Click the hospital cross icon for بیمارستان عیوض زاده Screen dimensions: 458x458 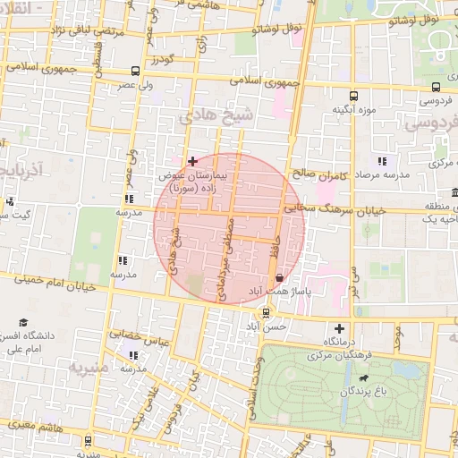coord(192,161)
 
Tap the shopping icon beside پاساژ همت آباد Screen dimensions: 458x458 coord(280,278)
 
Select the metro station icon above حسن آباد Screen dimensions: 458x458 coord(266,312)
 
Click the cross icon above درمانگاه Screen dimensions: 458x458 coord(338,328)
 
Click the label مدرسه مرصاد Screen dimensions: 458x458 coord(383,175)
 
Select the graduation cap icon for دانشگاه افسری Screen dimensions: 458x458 coord(23,322)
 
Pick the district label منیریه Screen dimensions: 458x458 coord(89,368)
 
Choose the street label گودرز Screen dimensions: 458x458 coord(160,59)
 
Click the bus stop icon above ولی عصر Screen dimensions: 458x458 coord(134,71)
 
